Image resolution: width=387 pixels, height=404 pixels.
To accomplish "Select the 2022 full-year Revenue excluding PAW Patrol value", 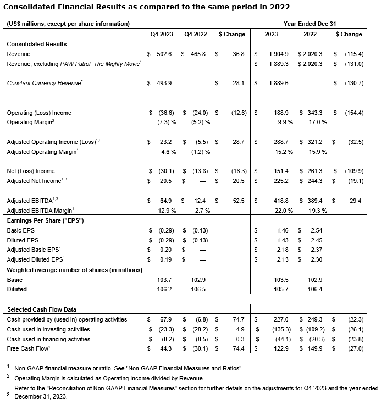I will tap(309, 64).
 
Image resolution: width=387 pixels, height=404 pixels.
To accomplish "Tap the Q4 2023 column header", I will tap(162, 34).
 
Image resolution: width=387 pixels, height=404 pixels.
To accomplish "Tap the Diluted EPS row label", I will tap(23, 240).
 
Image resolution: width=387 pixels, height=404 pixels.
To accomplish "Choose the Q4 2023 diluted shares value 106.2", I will tap(164, 289).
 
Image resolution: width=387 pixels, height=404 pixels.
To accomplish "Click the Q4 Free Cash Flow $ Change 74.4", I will tap(238, 348).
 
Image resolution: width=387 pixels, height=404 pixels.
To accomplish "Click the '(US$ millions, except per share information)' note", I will tap(68, 24).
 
